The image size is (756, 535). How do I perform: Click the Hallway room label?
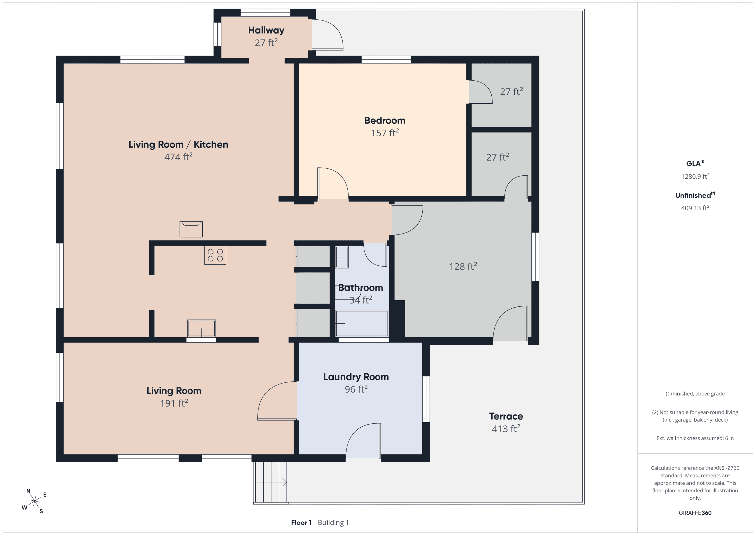tap(266, 30)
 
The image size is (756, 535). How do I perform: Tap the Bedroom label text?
tap(385, 121)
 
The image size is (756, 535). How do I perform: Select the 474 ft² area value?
tap(178, 157)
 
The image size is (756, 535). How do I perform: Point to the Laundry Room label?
tap(356, 377)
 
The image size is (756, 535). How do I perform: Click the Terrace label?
tap(506, 417)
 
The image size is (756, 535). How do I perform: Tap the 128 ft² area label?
tap(463, 266)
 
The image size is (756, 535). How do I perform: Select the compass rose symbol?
tap(34, 501)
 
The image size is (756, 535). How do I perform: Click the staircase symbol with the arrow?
tap(270, 482)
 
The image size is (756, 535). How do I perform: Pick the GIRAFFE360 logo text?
tap(695, 513)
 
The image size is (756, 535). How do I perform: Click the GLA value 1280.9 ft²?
tap(695, 176)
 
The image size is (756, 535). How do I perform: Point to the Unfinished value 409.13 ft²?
tap(695, 208)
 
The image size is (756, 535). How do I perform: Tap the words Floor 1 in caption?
tap(301, 522)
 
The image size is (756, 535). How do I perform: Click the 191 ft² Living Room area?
tap(174, 403)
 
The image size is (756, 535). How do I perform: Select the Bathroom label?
tap(361, 288)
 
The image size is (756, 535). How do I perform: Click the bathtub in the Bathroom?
tap(362, 323)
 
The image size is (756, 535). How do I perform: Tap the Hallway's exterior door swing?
tap(328, 35)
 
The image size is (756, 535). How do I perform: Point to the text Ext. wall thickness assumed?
tap(695, 438)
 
